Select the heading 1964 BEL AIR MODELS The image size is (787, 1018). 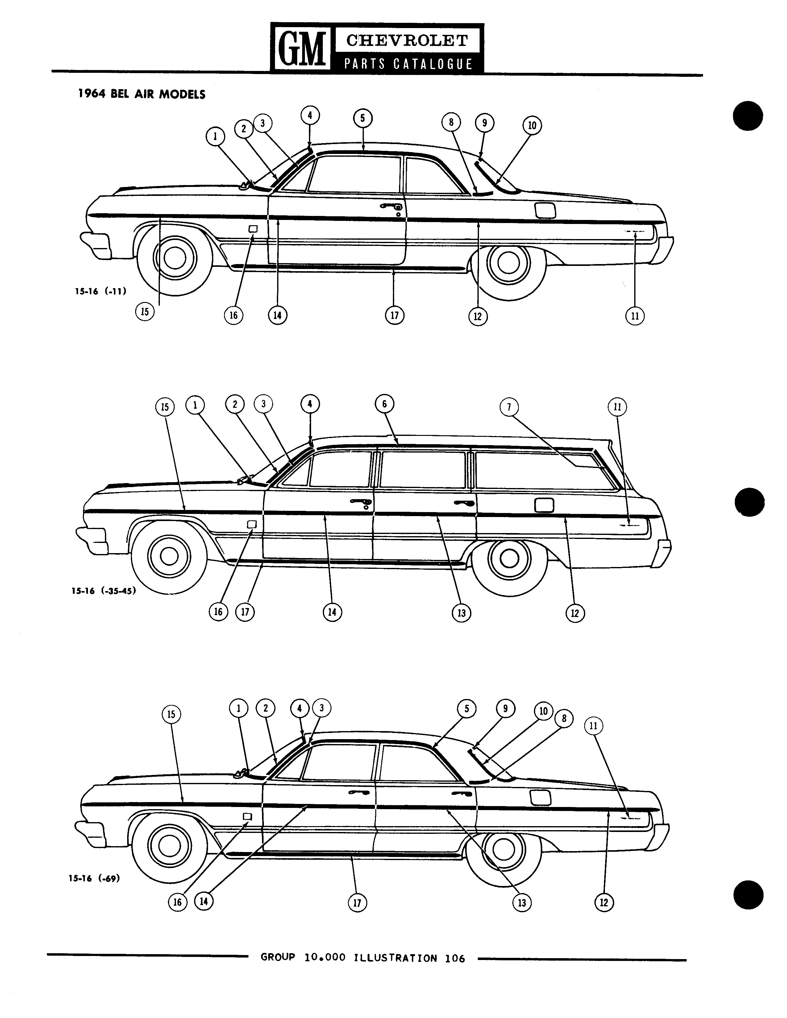point(142,94)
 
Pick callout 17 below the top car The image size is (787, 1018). point(394,316)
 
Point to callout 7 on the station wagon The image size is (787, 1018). point(509,407)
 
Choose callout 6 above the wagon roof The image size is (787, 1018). point(385,404)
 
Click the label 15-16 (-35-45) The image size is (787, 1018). point(103,591)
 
